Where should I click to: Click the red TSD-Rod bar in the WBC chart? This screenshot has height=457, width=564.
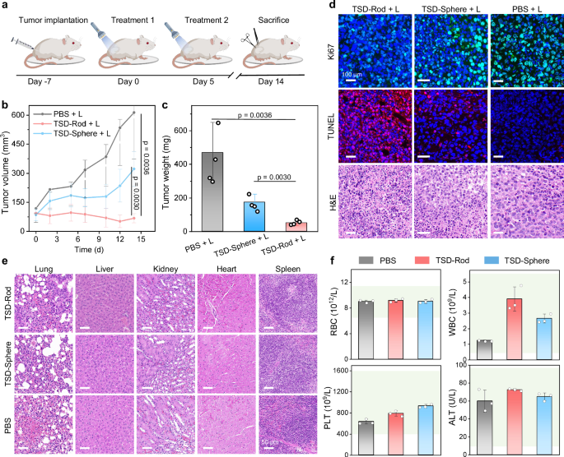(494, 321)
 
